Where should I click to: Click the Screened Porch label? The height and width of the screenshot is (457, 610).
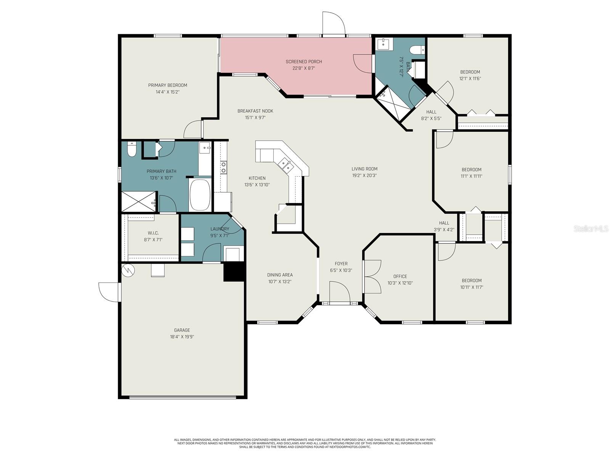coord(304,62)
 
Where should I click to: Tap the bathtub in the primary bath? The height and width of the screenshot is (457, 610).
coord(200,195)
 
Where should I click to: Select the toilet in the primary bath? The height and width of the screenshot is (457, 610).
coord(132,149)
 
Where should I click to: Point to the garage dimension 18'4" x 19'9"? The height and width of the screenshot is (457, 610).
coord(182,337)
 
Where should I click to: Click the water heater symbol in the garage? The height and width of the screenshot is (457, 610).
coord(128,270)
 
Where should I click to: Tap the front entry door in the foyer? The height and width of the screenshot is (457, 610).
coord(339,292)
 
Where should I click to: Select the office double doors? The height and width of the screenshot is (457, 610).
coord(372,276)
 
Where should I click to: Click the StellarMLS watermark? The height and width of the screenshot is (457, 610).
coord(591,228)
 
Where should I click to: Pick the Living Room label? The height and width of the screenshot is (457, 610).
coord(364,169)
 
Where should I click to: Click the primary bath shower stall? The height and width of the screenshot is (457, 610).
coord(138,201)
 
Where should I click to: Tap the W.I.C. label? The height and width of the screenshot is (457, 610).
coord(153,233)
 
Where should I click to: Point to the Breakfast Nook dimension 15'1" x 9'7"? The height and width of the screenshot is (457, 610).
coord(255,118)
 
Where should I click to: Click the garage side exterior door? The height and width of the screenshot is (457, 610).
coord(110,292)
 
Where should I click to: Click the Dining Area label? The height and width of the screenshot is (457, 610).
coord(280,275)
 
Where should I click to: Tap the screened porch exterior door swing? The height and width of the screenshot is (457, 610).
coord(334,24)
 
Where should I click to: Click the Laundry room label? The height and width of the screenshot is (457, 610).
coord(220,229)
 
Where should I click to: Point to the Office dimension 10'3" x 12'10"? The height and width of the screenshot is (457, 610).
coord(400,283)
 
